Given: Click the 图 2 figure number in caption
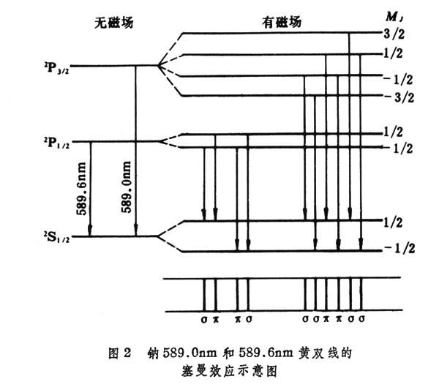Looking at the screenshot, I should point(118,353).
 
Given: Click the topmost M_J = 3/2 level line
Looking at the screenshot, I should point(278,33).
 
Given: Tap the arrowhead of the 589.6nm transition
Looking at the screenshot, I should point(90,232).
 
